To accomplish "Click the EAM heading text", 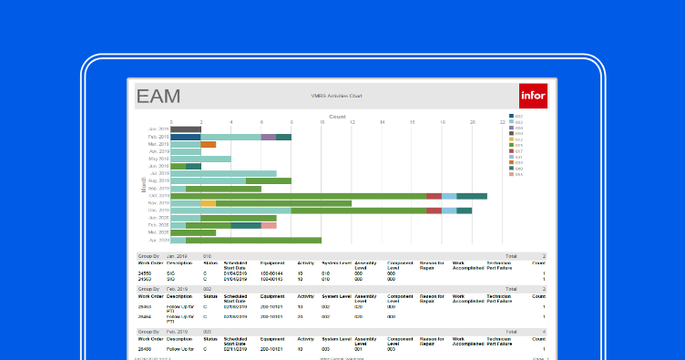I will click(158, 96).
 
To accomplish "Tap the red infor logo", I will click(531, 96).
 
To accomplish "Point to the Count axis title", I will click(337, 117).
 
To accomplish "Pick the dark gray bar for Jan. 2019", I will click(186, 129).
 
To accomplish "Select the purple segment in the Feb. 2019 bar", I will click(268, 137).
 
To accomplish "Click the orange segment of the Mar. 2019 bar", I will click(209, 144).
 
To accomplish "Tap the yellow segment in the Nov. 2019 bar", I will click(209, 203).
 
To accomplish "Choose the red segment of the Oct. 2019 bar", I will click(434, 196).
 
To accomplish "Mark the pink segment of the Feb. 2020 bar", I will click(269, 225).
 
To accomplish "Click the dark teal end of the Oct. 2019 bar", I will click(472, 196).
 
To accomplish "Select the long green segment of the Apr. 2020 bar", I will click(253, 240).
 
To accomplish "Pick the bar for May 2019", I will click(200, 159).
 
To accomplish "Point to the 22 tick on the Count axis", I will click(502, 122).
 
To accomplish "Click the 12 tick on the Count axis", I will click(352, 122).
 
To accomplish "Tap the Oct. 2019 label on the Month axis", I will click(158, 196).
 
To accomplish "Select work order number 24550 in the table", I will click(145, 273).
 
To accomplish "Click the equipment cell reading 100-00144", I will click(271, 273).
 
